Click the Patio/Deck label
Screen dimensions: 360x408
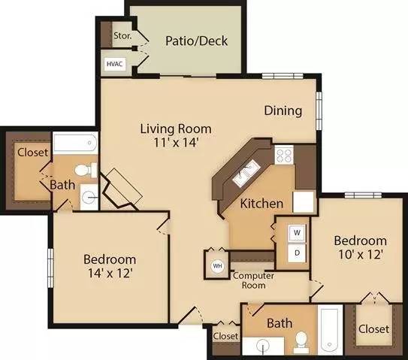pos(196,41)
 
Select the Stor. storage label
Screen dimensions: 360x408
pos(122,35)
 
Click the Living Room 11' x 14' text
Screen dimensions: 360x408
pos(175,135)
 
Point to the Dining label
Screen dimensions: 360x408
pos(283,110)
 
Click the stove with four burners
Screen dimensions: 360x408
pos(284,156)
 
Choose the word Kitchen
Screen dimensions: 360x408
pos(261,203)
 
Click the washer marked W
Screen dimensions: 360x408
pos(297,232)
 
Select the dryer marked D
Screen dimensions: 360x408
pos(297,253)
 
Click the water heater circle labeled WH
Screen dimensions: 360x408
pos(217,265)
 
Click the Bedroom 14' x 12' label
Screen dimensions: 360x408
pos(109,265)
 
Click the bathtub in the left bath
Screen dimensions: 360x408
pos(75,142)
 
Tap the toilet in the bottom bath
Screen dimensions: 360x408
pos(301,341)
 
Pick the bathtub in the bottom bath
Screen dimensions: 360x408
pos(329,331)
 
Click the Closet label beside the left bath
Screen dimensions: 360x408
pos(32,152)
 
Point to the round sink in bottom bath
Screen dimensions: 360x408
pos(262,346)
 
